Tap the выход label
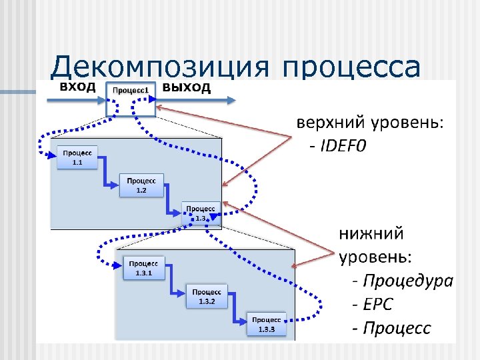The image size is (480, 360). tap(187, 87)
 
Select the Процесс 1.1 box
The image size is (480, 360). tap(77, 157)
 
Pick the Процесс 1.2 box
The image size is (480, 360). tap(141, 185)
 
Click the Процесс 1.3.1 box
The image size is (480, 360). tap(144, 268)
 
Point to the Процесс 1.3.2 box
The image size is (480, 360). tap(207, 296)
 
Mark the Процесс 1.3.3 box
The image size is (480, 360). tap(267, 325)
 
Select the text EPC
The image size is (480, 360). tap(377, 304)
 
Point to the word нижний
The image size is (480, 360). tap(371, 234)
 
